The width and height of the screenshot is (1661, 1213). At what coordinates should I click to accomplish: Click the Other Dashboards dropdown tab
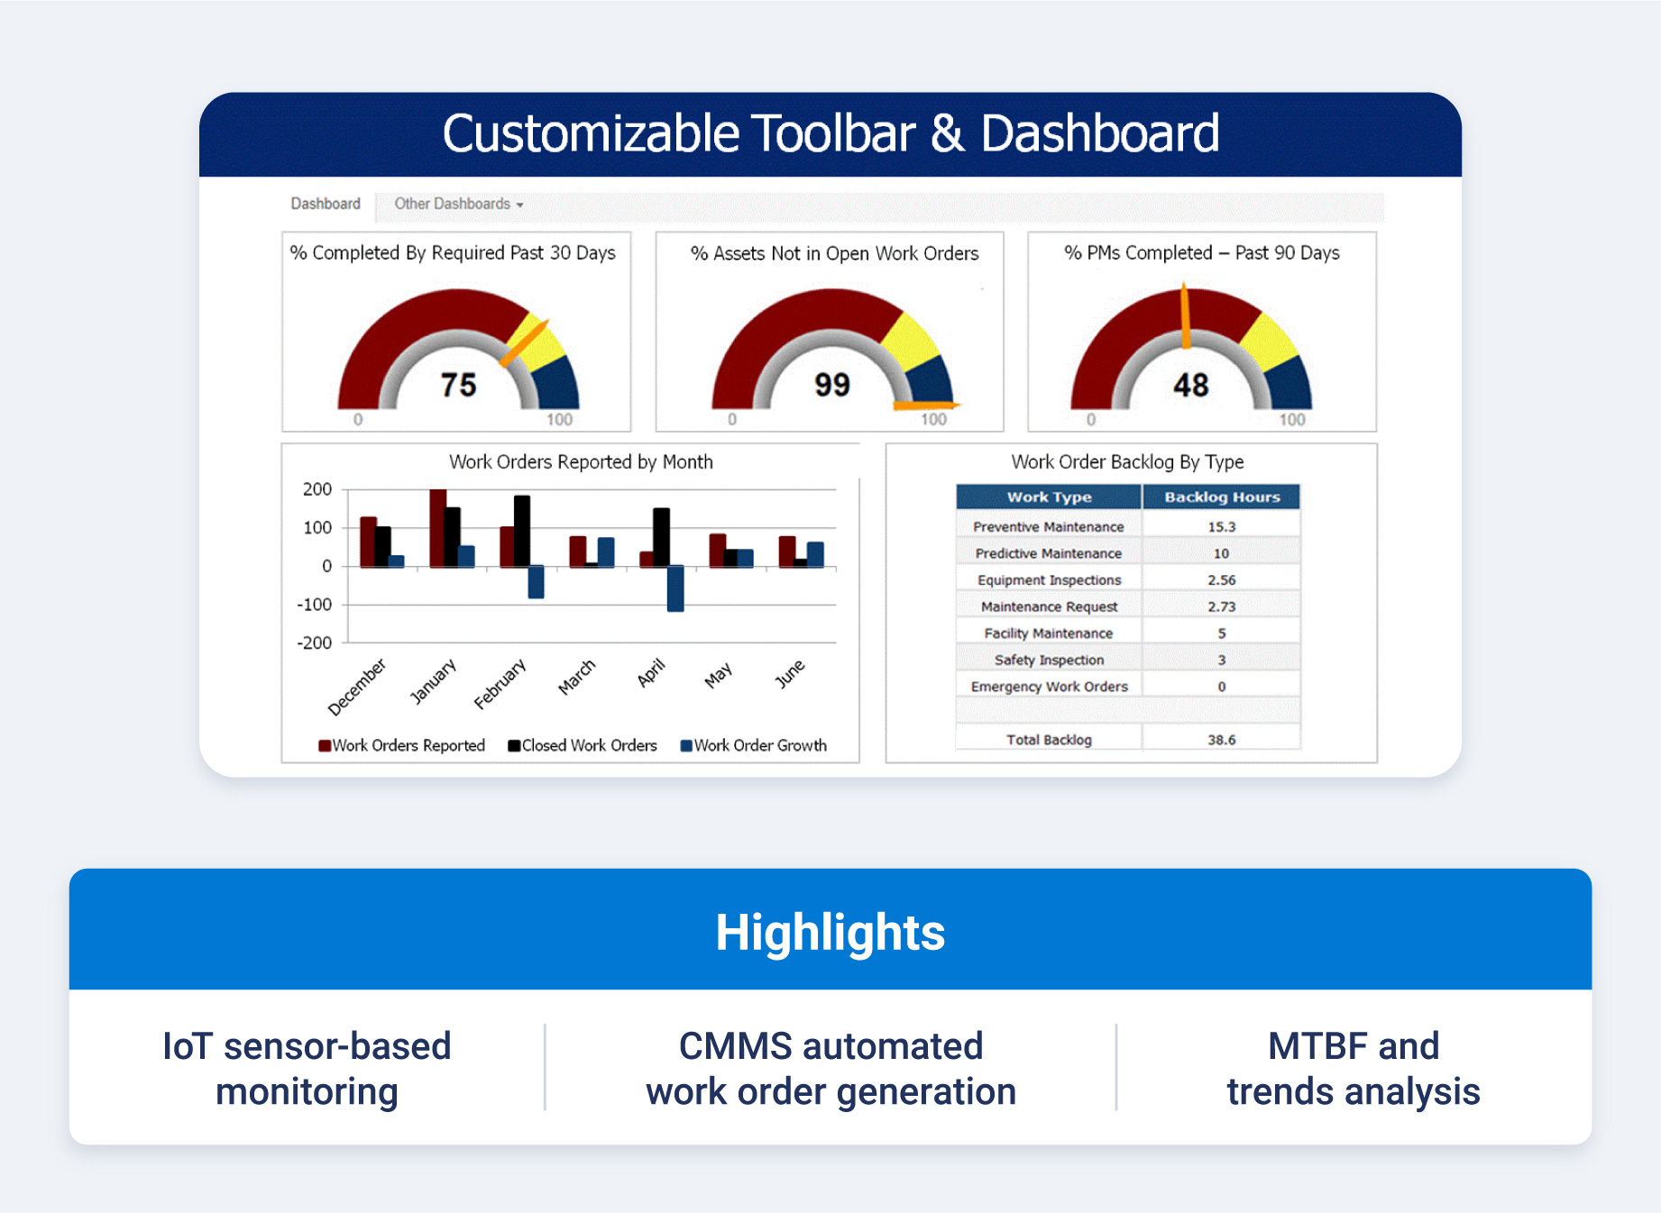tap(458, 204)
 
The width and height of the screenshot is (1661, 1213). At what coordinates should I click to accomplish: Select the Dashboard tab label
tap(325, 204)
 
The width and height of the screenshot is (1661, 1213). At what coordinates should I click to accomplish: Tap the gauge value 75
tap(458, 385)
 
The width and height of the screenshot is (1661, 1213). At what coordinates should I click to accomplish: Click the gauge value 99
tap(831, 385)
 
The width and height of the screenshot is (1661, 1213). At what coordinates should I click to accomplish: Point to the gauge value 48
tap(1190, 385)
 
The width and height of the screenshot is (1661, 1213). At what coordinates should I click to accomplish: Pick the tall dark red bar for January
tap(438, 528)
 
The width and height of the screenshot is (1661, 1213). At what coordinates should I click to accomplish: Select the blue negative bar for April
tap(675, 588)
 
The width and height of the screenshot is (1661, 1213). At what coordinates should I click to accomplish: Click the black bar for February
tap(522, 531)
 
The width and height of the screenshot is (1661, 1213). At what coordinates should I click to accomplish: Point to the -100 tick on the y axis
tap(315, 605)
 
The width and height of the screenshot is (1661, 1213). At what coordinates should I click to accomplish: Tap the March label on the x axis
tap(577, 677)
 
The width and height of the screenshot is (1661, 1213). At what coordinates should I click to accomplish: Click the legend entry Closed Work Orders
tap(583, 745)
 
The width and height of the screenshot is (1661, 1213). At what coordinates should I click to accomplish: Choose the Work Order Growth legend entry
tap(754, 745)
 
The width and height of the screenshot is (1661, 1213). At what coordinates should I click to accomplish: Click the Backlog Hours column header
tap(1221, 497)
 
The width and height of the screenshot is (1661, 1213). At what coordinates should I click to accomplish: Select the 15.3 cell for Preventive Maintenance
tap(1221, 526)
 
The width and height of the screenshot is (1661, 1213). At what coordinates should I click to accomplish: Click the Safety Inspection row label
tap(1049, 660)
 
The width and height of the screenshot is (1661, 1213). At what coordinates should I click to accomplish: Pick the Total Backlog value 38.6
tap(1221, 740)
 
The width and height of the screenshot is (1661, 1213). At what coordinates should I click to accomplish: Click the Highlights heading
tap(830, 932)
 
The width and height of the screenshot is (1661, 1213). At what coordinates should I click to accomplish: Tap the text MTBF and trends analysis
tap(1353, 1069)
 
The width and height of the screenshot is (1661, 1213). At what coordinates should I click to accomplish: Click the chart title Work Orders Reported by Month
tap(581, 462)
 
